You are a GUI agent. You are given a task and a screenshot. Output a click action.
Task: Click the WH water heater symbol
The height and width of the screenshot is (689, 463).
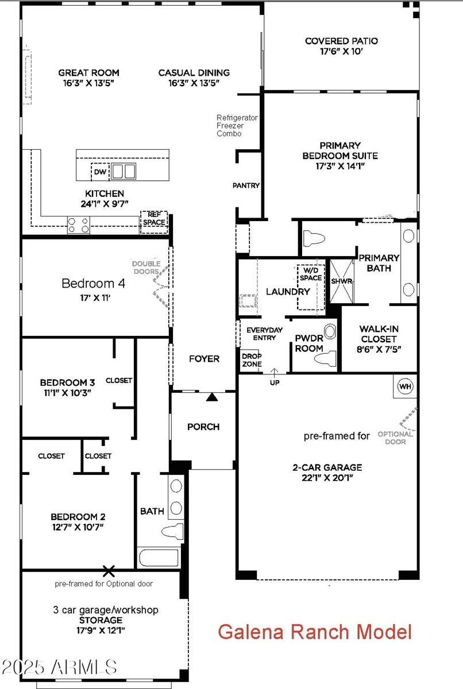(406, 386)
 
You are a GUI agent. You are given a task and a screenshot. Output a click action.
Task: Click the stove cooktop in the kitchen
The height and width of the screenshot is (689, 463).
(78, 224)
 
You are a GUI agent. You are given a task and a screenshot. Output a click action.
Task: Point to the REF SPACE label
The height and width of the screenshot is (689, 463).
(154, 219)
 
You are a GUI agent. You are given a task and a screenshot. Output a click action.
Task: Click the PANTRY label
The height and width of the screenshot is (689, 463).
(246, 185)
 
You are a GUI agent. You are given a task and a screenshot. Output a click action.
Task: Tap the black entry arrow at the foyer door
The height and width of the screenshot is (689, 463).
(213, 396)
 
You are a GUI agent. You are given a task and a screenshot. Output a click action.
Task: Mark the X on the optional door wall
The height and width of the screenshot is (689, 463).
(109, 571)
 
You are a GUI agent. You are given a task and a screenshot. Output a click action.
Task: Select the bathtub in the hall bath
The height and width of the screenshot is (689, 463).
(159, 558)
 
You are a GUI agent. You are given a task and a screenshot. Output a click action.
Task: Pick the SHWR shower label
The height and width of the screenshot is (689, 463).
(341, 281)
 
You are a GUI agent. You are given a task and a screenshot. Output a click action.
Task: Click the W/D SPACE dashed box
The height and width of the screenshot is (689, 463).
(311, 287)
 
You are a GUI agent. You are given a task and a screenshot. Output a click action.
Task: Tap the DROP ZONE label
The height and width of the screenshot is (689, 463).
(252, 360)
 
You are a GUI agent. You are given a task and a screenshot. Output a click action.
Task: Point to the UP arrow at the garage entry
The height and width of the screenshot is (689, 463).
(274, 377)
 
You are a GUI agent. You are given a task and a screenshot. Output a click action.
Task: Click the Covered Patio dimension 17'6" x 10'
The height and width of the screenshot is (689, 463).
(341, 51)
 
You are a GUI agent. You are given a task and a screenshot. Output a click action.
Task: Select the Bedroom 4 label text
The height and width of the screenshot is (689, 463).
(93, 283)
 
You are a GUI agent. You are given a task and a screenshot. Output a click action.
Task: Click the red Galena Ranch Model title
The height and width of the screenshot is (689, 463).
(315, 632)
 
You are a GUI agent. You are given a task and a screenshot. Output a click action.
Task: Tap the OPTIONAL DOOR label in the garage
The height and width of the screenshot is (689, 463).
(395, 438)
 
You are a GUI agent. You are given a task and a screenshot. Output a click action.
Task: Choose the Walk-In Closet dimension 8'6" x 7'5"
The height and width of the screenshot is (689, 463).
(379, 349)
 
